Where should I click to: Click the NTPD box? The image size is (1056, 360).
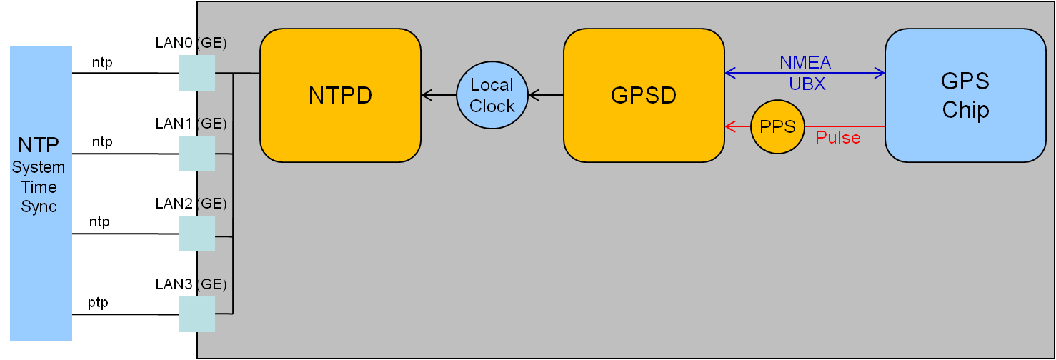[x=340, y=95]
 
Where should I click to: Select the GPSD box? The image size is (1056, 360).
[x=644, y=95]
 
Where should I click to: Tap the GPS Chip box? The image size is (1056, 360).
[x=965, y=95]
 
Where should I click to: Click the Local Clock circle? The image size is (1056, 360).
[x=492, y=95]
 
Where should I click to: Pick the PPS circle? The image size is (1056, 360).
[x=777, y=126]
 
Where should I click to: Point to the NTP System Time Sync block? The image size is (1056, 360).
[x=41, y=193]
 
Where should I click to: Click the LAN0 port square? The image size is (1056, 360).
[x=196, y=73]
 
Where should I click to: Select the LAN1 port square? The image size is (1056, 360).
[x=196, y=154]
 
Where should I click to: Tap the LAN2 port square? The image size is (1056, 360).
[x=196, y=234]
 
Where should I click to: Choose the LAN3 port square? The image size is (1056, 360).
[x=196, y=314]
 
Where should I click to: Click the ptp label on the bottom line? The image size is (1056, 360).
[x=98, y=303]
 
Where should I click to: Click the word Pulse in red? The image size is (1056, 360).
[x=838, y=138]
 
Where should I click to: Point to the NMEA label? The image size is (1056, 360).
[x=805, y=63]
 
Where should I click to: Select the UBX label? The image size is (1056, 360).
[x=807, y=84]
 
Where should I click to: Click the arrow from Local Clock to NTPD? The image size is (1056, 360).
[x=439, y=94]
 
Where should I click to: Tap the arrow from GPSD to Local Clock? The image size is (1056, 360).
[x=546, y=94]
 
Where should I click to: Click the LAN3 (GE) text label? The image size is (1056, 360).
[x=191, y=284]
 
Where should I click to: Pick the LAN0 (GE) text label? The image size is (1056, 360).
[x=191, y=43]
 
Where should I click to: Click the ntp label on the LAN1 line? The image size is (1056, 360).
[x=102, y=141]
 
